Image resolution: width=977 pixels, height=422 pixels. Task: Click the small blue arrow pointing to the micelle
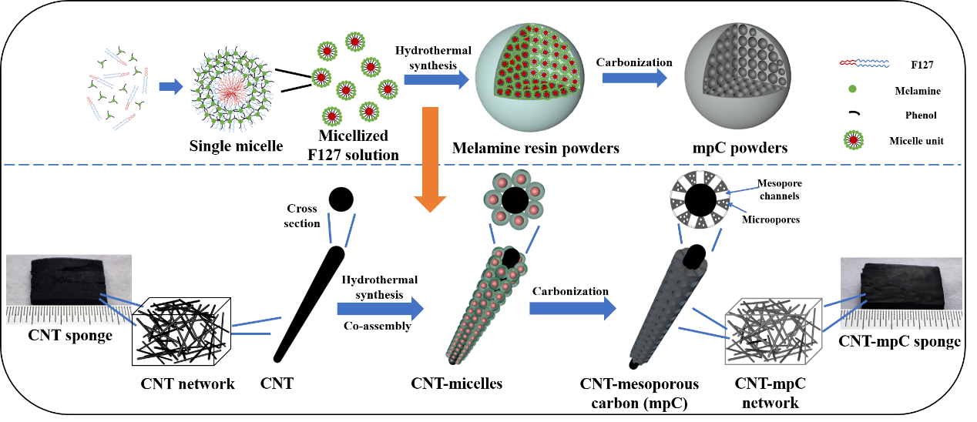pos(170,86)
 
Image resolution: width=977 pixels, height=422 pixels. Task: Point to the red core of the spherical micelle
pos(230,91)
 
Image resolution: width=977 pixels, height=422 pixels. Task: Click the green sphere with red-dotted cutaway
pos(529,77)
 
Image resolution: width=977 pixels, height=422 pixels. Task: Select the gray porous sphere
pos(737,76)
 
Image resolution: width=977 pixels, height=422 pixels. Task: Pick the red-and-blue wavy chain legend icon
pos(864,63)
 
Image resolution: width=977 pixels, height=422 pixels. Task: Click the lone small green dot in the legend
pos(852,89)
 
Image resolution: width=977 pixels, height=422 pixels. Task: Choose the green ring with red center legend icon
pos(853,140)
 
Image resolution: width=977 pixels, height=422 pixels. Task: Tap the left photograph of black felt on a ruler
pos(69,290)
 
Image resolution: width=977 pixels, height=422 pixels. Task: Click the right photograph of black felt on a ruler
pos(901,293)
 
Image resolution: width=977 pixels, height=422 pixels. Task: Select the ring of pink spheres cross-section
pos(514,199)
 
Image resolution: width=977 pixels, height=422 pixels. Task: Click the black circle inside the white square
pos(700,200)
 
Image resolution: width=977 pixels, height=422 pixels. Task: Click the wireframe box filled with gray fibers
pos(773,332)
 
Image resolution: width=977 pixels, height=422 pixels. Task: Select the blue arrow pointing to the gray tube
pos(572,309)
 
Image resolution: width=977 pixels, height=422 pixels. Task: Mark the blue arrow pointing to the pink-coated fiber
pos(380,309)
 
